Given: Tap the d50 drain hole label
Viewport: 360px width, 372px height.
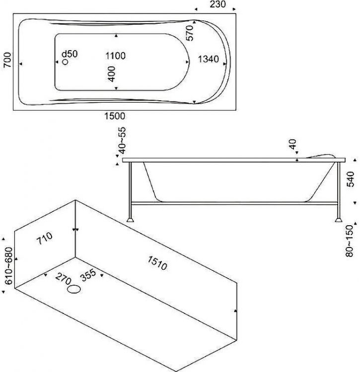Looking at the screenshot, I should pyautogui.click(x=69, y=54).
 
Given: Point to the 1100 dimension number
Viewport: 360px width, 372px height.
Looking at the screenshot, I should pyautogui.click(x=115, y=56).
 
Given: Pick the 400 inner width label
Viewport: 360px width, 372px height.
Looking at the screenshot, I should pyautogui.click(x=111, y=74).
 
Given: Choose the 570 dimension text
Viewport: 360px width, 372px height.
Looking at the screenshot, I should pyautogui.click(x=189, y=33).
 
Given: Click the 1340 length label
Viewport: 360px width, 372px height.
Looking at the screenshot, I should pyautogui.click(x=208, y=60).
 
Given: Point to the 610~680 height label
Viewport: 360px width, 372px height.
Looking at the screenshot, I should pyautogui.click(x=6, y=265).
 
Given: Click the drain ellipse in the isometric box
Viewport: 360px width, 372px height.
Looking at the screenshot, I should pyautogui.click(x=74, y=290).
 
